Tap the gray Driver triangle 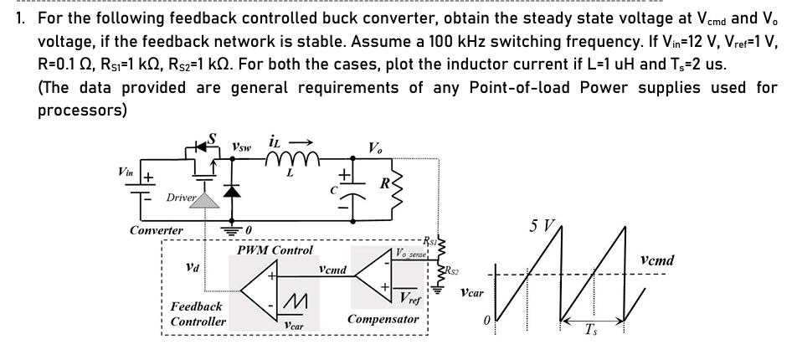(208, 199)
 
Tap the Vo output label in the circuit (376, 148)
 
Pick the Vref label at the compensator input (409, 299)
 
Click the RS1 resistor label (429, 240)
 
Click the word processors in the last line (82, 111)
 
